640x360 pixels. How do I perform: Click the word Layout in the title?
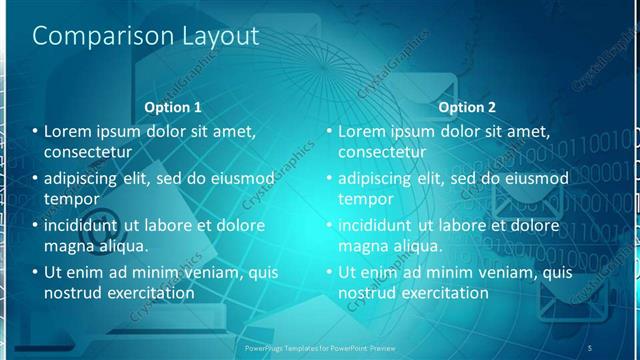coord(212,37)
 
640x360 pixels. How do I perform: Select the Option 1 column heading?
coord(173,107)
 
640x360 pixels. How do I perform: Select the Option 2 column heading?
coord(467,107)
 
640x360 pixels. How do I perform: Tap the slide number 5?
coord(590,347)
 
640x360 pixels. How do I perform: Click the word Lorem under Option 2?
coord(363,131)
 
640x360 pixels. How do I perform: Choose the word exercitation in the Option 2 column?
coord(442,293)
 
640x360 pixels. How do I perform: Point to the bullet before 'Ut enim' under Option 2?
coord(331,272)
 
